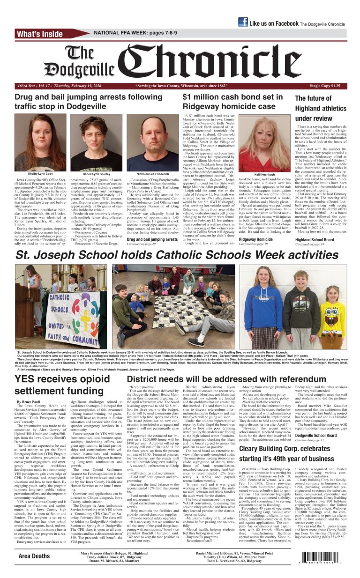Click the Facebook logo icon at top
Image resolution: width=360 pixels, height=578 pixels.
(x=243, y=22)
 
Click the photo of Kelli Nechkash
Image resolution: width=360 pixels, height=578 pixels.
(x=263, y=144)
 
